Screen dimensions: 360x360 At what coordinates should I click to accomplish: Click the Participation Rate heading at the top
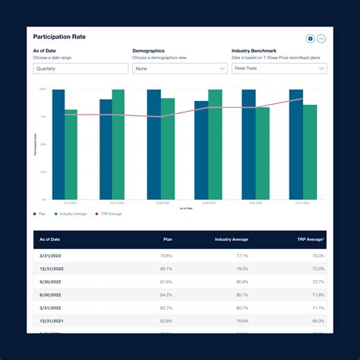coord(60,36)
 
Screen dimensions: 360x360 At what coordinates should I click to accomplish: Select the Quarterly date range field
coord(79,68)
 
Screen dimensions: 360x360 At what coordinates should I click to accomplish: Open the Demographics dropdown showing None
coord(179,68)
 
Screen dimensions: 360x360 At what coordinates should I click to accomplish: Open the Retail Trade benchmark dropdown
coord(279,68)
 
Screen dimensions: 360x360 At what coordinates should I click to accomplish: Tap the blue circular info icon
coord(310,39)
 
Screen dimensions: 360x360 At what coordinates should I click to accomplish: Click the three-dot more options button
coord(321,39)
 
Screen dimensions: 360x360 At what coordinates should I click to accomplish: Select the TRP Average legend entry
coord(108,214)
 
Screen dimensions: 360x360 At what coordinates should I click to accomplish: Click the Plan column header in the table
coord(167,239)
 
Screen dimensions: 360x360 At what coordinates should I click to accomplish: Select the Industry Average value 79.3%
coord(242,269)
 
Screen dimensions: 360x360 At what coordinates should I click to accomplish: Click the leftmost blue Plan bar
coord(58,144)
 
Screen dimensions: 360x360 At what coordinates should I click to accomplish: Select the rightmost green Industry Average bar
coord(310,152)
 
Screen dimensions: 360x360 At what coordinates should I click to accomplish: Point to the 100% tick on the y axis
coord(43,90)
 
